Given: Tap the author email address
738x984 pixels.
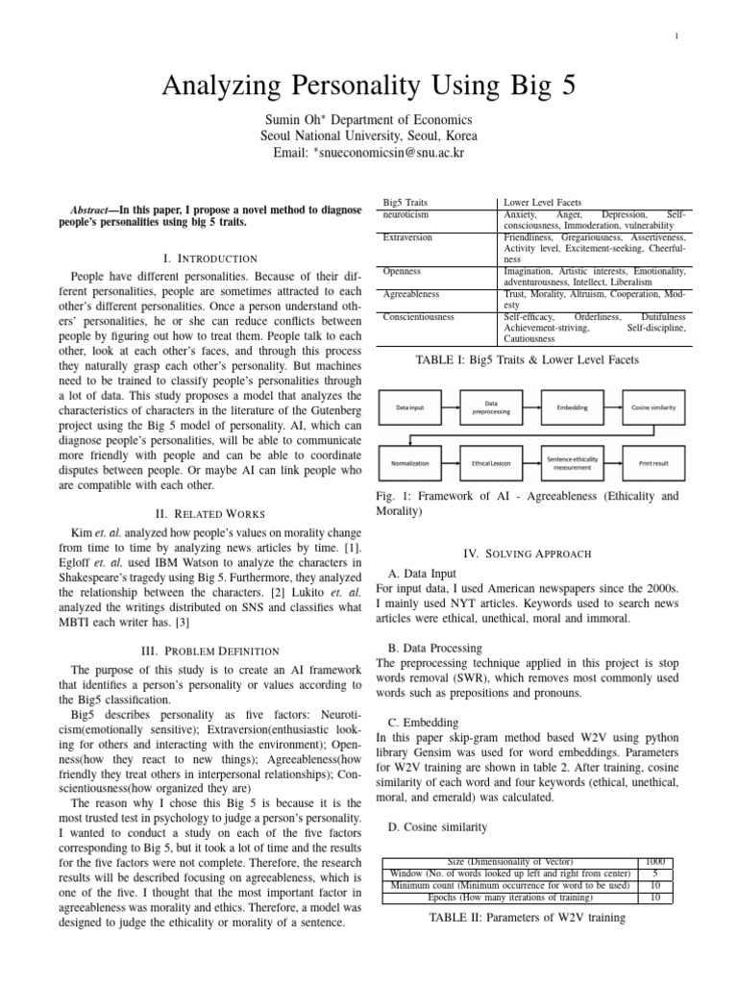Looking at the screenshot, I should (369, 153).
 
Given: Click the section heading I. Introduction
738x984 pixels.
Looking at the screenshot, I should (210, 258).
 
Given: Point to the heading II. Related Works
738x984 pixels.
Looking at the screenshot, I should (210, 514).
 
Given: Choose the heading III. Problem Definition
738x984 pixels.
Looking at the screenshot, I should (210, 651).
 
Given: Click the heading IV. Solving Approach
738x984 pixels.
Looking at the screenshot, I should (530, 554).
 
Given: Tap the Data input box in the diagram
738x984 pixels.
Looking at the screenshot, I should (410, 407).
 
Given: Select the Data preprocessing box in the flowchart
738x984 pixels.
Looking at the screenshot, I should (491, 407).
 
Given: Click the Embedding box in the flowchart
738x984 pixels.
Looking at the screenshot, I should (573, 407).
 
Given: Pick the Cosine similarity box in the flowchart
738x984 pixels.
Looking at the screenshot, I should (653, 407).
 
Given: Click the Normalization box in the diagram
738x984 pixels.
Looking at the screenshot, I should (410, 463).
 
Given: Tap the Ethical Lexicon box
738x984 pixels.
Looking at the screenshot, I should (491, 463).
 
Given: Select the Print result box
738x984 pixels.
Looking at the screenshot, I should (653, 463).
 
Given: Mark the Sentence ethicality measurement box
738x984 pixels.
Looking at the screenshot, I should (573, 463).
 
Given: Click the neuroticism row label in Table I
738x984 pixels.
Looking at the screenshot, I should (406, 215).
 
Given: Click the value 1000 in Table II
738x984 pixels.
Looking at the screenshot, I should (656, 861).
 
